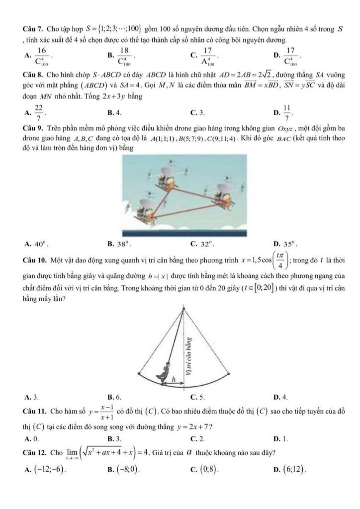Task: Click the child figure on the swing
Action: [163, 371]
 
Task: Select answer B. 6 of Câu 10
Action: [118, 397]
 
